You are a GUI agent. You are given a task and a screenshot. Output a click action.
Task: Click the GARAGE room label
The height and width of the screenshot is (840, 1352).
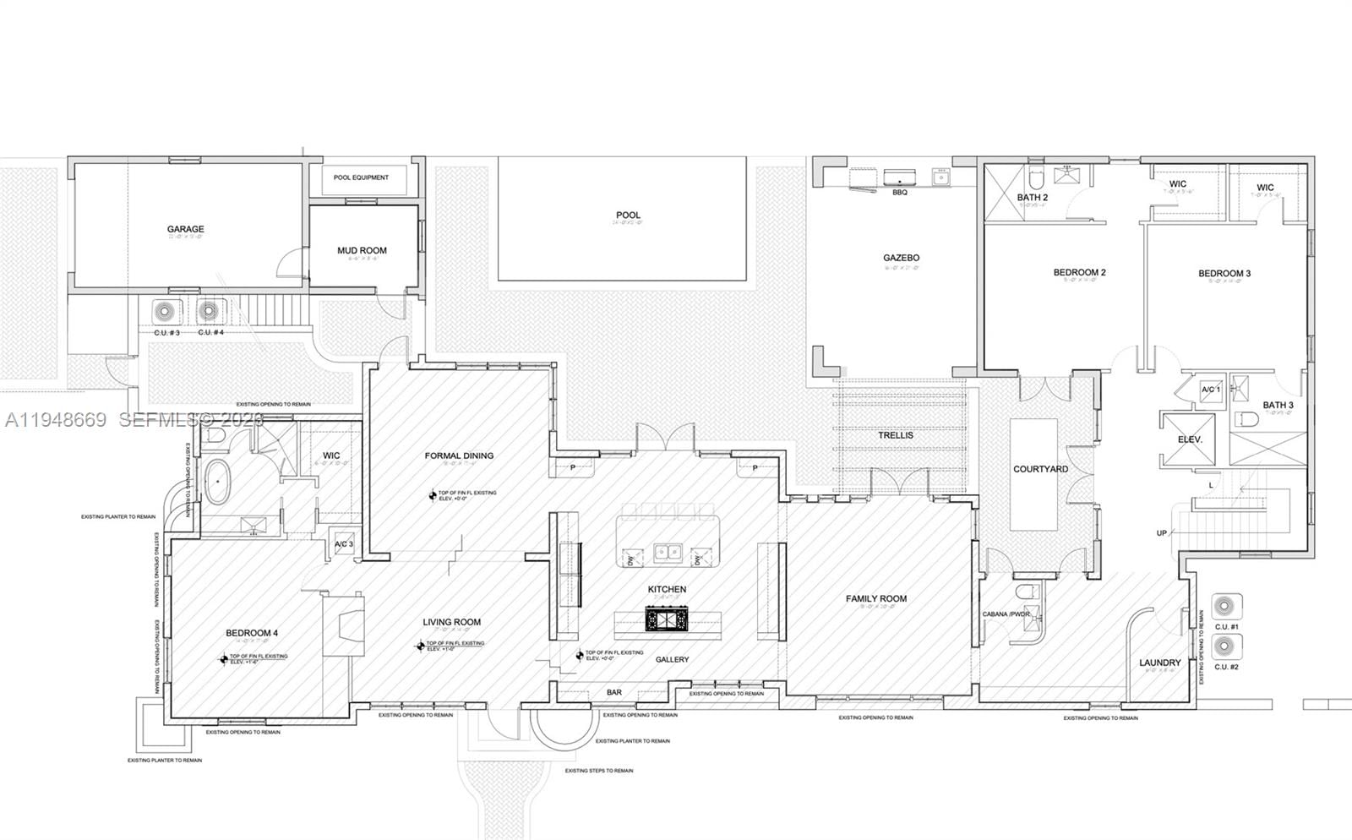coord(185,229)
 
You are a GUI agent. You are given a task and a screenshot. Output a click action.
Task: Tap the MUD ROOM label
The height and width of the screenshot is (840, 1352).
coord(362,250)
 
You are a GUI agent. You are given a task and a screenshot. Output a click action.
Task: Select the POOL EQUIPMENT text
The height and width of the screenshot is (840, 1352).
coord(361,177)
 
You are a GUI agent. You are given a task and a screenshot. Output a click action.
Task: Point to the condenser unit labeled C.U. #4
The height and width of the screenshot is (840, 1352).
coord(209,312)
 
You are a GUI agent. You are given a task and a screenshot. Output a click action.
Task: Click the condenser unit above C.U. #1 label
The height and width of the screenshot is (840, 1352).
coord(1227,606)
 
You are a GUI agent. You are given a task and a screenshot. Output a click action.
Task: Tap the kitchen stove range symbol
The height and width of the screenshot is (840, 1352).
coord(668,619)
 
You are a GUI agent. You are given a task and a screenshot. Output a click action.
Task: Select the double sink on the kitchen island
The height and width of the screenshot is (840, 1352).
coord(668,554)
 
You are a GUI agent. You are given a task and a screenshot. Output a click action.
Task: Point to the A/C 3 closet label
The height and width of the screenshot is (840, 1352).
coord(344,544)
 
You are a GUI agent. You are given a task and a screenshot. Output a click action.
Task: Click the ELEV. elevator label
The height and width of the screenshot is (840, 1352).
coord(1189,440)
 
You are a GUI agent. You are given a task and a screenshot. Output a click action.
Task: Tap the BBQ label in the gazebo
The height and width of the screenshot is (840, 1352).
coord(899,193)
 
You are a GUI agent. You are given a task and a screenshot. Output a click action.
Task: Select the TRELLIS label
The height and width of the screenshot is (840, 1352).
coord(896,435)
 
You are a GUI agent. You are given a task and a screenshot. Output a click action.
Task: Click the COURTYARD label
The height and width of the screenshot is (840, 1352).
coord(1040,469)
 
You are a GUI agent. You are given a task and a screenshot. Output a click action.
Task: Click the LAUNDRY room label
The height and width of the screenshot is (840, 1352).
coord(1159,663)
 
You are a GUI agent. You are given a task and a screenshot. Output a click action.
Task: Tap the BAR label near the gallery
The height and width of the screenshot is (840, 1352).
coord(614,692)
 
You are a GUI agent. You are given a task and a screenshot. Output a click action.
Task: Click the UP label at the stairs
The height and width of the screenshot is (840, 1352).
coord(1162,533)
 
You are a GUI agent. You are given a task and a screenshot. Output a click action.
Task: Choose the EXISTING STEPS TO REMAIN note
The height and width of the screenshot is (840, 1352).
coord(598,771)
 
